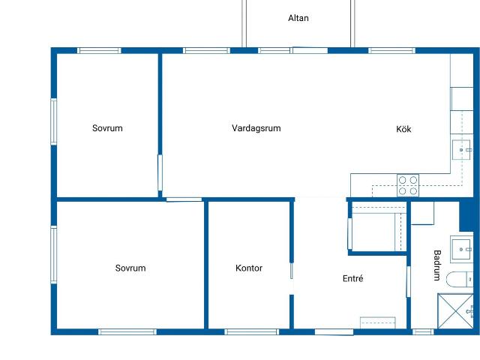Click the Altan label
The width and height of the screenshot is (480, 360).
(x=298, y=18)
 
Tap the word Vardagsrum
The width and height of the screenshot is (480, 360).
(x=256, y=128)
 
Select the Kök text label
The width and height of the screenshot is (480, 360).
(x=403, y=129)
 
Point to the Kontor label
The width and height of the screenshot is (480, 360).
(x=249, y=268)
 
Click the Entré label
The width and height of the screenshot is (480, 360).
(x=353, y=278)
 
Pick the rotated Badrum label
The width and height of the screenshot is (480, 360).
(x=437, y=265)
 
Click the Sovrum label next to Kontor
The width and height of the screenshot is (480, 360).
(x=130, y=268)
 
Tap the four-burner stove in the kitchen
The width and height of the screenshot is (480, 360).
(x=408, y=185)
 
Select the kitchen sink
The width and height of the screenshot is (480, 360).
(x=461, y=150)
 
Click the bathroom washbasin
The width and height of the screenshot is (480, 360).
(x=462, y=250)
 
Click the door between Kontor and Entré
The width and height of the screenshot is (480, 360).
(x=292, y=278)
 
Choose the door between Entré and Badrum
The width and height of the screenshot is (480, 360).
(x=408, y=282)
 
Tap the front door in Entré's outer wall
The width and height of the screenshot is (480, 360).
(x=334, y=332)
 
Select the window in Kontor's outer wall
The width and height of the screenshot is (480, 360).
(x=252, y=331)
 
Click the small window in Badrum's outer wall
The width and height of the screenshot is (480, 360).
(x=423, y=331)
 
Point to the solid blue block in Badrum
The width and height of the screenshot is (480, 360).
(x=466, y=215)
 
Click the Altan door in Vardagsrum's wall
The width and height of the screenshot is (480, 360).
(x=310, y=50)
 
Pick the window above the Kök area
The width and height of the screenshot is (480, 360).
(x=391, y=50)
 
